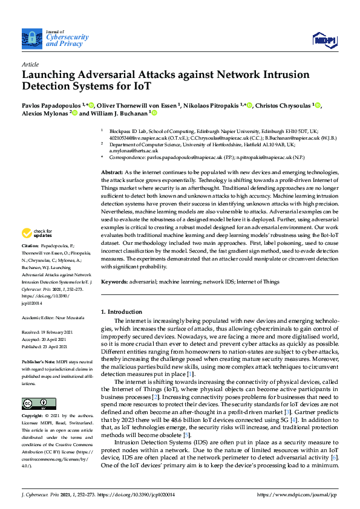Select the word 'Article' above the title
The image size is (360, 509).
30,63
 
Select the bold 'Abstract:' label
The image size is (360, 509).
112,172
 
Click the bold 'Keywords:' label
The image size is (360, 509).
114,282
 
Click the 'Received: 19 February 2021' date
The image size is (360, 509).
48,332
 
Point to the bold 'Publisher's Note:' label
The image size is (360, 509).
37,361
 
